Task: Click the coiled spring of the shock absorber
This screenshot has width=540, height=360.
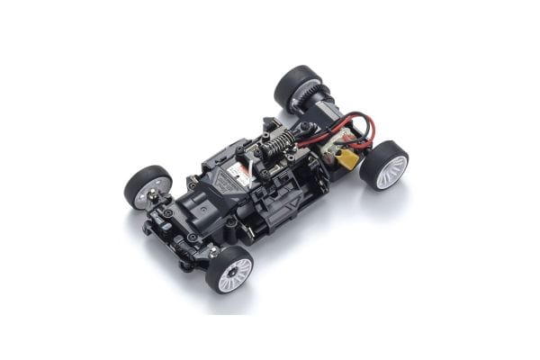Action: coord(282,142)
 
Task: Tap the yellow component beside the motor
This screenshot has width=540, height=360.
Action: coord(346,160)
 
